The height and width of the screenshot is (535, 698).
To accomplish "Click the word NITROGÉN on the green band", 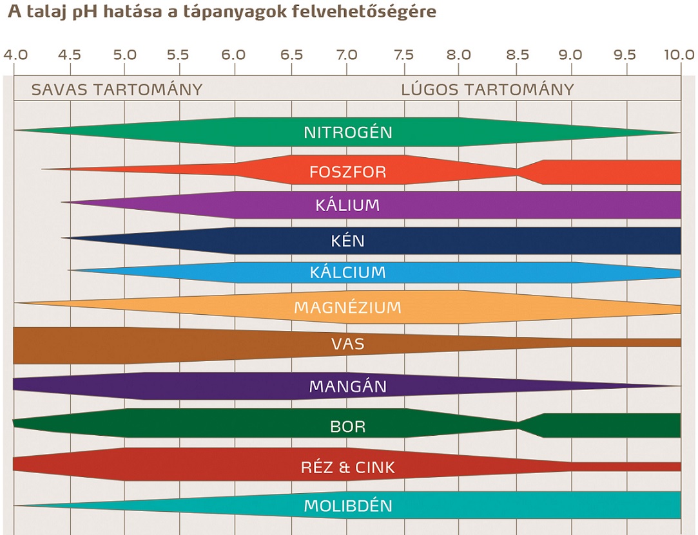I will coord(347,133).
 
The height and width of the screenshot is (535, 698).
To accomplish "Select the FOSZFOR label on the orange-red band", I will coord(347,172).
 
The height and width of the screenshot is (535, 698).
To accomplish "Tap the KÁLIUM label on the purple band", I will coord(347,205).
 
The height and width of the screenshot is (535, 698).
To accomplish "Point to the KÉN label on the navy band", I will coord(347,241).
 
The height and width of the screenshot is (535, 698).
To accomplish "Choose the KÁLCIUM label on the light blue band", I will coord(347,272).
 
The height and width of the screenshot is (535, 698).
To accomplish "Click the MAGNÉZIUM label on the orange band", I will coord(347,307).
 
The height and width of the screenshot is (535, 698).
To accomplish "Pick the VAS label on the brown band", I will coord(347,344).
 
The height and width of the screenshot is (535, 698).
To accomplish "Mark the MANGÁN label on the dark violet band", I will coord(347,386).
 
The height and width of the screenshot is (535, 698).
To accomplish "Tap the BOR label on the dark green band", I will coord(347,426).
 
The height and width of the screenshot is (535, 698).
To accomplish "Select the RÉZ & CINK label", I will coord(347,467).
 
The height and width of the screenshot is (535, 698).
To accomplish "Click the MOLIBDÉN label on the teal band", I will coord(347,505).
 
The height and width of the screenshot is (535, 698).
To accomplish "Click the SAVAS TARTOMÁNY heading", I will coord(117,89).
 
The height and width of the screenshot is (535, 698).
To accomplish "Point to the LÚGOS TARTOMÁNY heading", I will coord(487,89).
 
